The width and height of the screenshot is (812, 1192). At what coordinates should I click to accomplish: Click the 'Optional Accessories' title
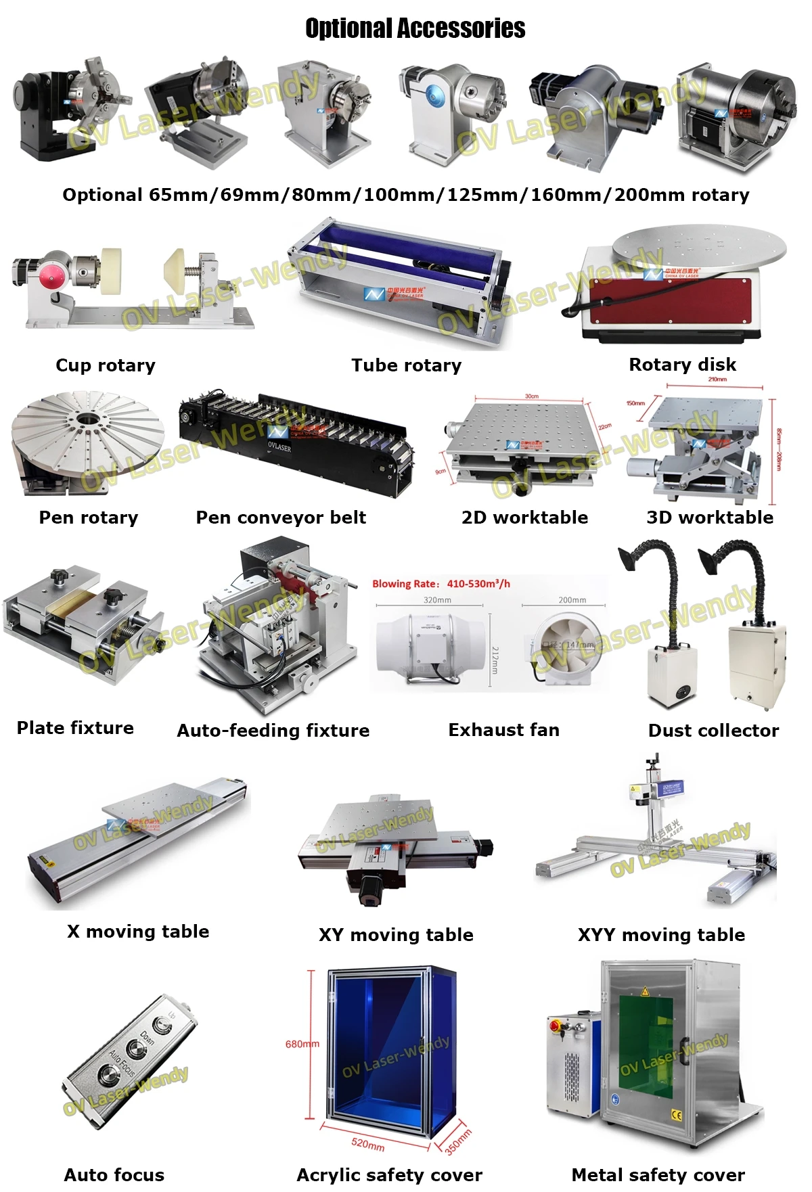(x=415, y=28)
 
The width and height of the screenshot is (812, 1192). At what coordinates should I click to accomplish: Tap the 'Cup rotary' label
(x=106, y=365)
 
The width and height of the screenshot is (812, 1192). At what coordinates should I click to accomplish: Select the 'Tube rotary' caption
(x=406, y=365)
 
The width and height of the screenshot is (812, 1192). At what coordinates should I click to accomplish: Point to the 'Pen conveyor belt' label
(x=281, y=518)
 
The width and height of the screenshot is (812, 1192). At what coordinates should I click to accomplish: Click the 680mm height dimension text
(x=302, y=1044)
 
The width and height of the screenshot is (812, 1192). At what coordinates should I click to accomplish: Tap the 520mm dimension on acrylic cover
(x=367, y=1143)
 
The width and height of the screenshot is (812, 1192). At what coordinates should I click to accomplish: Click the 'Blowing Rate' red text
(x=441, y=584)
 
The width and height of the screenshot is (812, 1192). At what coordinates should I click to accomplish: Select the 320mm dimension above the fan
(x=437, y=600)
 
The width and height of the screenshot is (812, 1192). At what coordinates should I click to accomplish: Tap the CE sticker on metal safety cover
(x=676, y=1115)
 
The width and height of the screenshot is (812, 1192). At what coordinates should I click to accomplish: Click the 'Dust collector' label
(x=713, y=731)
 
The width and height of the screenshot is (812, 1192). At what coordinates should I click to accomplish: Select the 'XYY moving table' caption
(x=661, y=935)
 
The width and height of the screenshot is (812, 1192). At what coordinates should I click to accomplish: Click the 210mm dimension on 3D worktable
(x=717, y=380)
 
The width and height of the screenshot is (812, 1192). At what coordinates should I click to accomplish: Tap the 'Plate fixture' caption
(x=75, y=728)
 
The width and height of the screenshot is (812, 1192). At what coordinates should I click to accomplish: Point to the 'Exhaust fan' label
(x=503, y=730)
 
